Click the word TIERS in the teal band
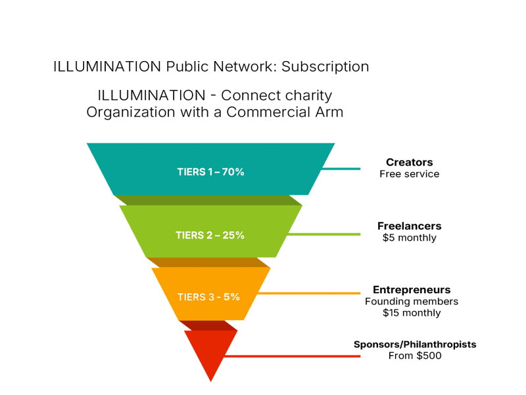191,172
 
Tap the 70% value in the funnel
233,172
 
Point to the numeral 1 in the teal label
210,172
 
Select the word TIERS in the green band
190,235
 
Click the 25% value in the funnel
233,235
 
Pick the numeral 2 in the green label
210,235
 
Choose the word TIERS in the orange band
191,297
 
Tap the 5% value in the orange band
231,297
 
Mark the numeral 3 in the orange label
210,297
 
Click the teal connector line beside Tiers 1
342,168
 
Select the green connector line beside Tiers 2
325,234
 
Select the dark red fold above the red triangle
209,325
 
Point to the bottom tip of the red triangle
211,381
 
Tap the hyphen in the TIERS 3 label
219,297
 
